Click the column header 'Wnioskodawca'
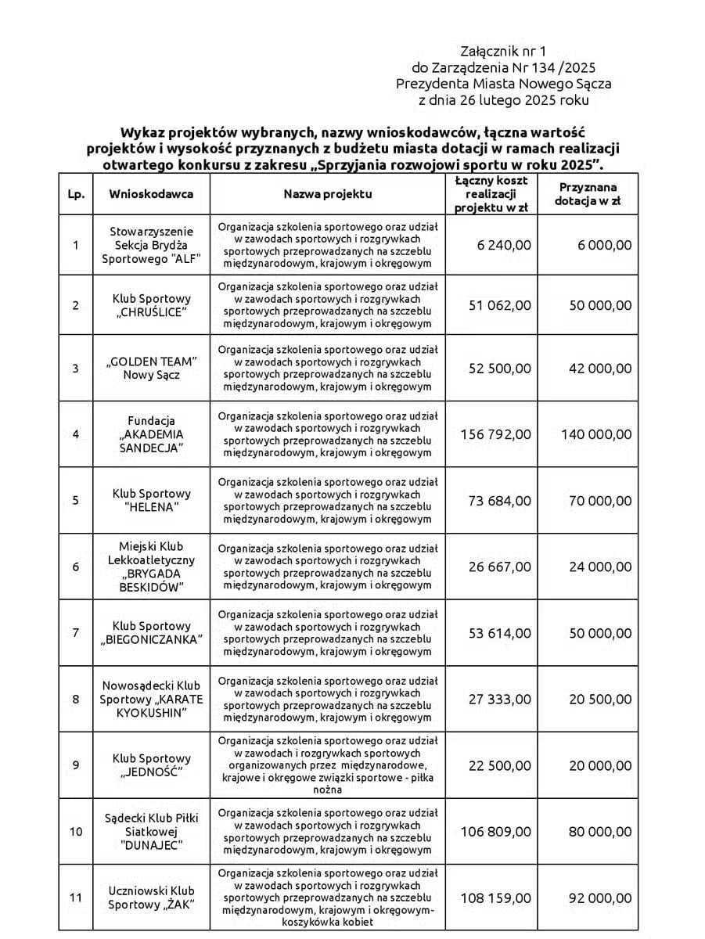(x=151, y=193)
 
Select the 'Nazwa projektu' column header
(x=328, y=193)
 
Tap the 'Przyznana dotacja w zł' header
(x=588, y=193)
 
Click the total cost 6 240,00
(x=503, y=245)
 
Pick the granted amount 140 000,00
(x=595, y=434)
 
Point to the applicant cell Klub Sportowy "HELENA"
(x=151, y=501)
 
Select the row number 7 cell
(x=76, y=632)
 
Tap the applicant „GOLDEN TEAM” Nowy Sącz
(x=151, y=368)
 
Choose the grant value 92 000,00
(x=599, y=898)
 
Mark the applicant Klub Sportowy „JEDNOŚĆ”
(x=151, y=765)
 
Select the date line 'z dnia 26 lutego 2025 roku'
(x=504, y=100)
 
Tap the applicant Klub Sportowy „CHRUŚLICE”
(x=151, y=305)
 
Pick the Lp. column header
(x=76, y=193)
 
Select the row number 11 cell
(x=76, y=898)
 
